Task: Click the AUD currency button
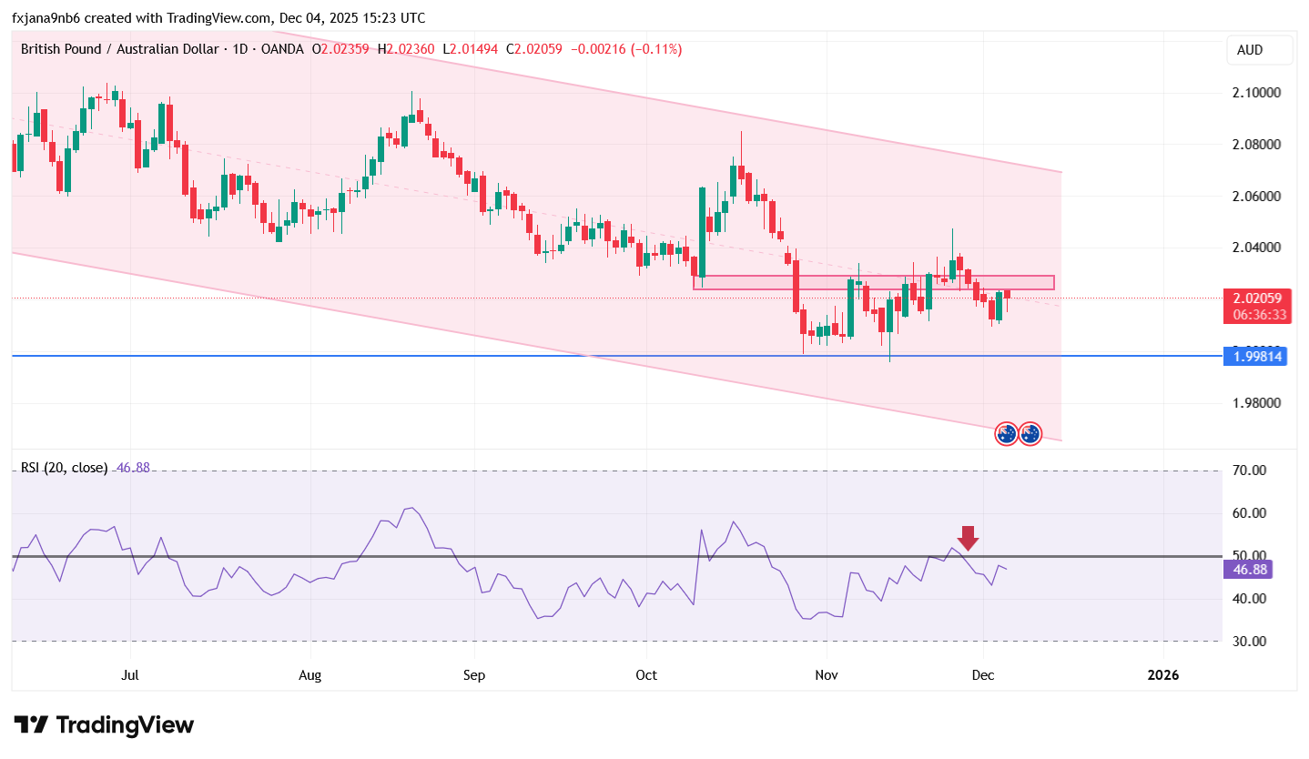click(1260, 50)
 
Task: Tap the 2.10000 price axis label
click(1256, 93)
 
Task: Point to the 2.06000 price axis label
click(1256, 197)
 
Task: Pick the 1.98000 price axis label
click(1256, 403)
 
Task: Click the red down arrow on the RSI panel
click(968, 538)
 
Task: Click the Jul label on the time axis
click(130, 675)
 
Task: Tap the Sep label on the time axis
click(473, 675)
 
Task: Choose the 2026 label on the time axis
click(1163, 675)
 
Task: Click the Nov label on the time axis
click(827, 675)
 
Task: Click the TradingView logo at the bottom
click(105, 725)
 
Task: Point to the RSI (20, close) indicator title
click(64, 468)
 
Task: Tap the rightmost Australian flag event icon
click(1030, 434)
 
